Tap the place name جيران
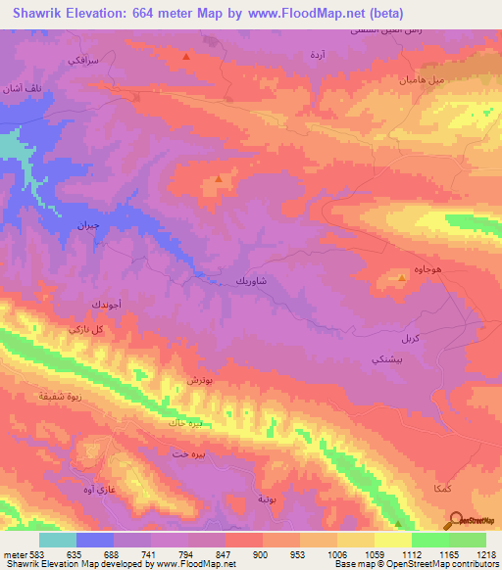(x=90, y=224)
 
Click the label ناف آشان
(x=21, y=89)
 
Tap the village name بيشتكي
(x=380, y=360)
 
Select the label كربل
(x=411, y=337)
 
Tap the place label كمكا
(x=425, y=487)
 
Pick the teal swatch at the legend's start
(x=58, y=540)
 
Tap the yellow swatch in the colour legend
(x=392, y=540)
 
